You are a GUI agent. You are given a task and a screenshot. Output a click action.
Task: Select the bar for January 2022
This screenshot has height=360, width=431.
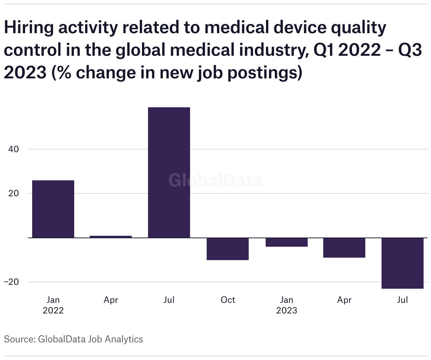point(53,209)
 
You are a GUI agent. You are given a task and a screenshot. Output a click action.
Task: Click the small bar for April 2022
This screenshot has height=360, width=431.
point(111,236)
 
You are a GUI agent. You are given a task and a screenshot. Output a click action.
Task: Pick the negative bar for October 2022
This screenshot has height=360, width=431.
point(228,249)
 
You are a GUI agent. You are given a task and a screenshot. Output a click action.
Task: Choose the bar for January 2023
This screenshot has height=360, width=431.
point(287,242)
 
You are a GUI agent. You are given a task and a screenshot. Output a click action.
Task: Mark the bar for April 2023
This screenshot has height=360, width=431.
point(344,248)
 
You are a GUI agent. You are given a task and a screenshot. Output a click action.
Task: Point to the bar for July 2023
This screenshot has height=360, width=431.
point(402,263)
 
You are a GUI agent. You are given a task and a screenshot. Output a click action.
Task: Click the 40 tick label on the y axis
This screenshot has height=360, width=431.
point(13,149)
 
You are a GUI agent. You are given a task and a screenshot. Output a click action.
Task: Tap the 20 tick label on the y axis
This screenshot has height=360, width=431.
point(13,193)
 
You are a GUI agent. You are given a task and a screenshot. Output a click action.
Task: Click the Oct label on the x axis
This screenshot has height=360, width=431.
point(228,300)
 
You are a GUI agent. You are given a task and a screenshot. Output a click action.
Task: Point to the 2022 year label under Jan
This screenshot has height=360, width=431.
point(53,311)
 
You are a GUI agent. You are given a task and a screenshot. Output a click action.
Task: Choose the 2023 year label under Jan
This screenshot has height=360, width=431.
point(287,311)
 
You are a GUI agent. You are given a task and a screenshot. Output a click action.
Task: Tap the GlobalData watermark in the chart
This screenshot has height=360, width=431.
point(215,180)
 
